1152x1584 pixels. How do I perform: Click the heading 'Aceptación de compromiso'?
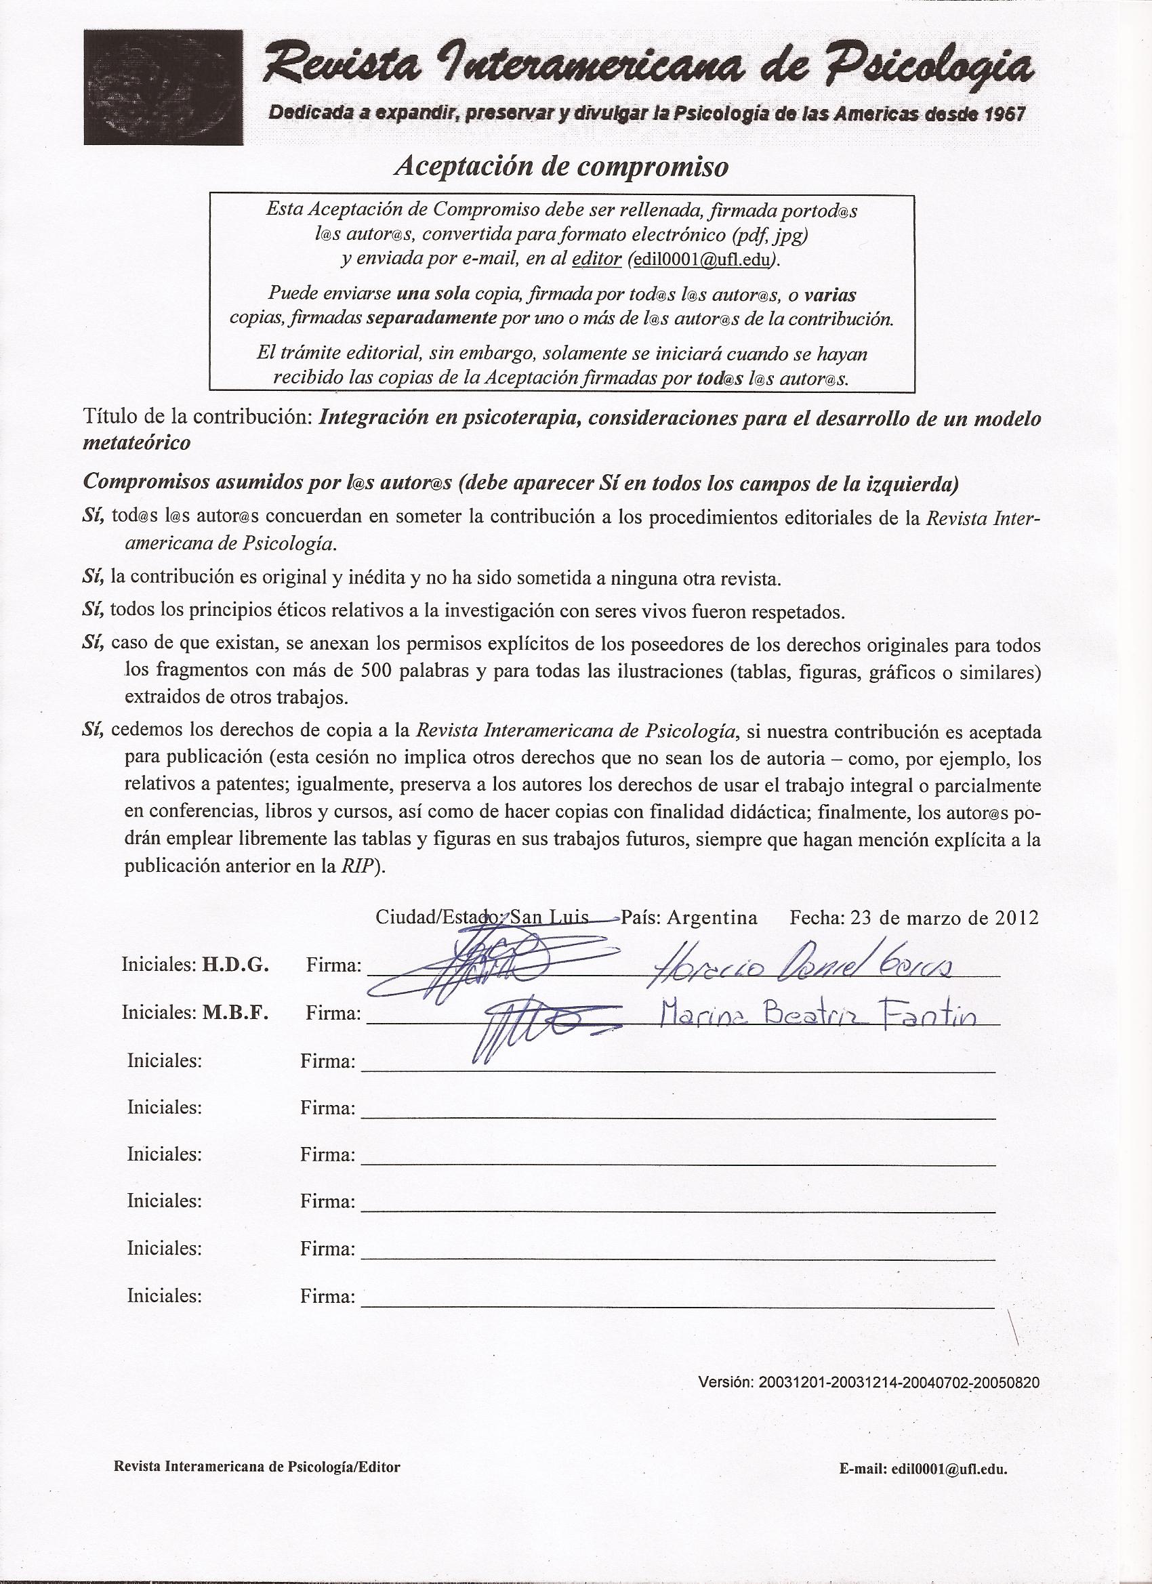[x=562, y=166]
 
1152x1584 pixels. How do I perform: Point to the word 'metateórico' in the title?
[x=136, y=443]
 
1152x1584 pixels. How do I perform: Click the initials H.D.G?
[x=234, y=965]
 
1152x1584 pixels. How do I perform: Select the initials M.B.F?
[x=234, y=1013]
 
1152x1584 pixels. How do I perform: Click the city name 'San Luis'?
[x=550, y=917]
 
